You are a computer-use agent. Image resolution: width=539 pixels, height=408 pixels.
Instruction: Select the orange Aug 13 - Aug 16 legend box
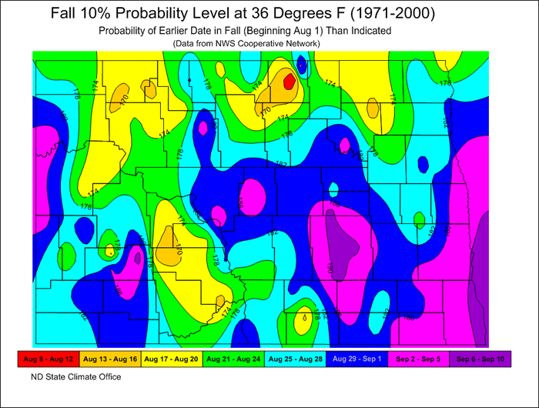(x=109, y=359)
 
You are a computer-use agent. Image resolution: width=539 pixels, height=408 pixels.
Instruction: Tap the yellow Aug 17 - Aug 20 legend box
(x=171, y=359)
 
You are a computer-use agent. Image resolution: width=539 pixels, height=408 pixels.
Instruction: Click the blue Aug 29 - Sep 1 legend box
(x=357, y=359)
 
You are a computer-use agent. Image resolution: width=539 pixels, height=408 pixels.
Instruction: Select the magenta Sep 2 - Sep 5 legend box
(x=419, y=359)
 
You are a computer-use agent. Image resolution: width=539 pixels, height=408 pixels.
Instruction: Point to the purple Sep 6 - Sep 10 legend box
(x=481, y=359)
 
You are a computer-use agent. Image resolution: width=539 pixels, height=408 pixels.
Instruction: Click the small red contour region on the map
(x=289, y=81)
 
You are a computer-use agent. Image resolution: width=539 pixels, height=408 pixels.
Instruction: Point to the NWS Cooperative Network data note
(x=239, y=43)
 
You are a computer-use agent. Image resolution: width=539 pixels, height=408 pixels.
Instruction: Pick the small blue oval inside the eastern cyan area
(x=422, y=163)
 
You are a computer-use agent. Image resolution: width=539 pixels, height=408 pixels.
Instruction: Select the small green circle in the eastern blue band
(x=419, y=220)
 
